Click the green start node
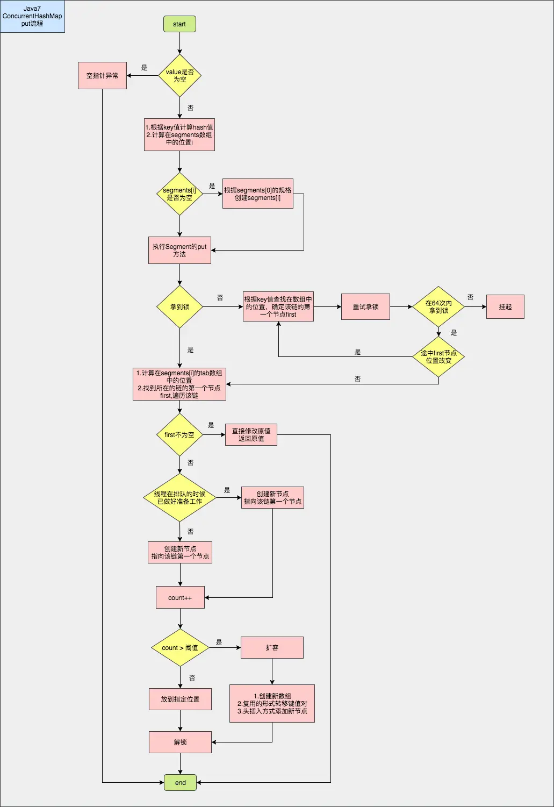[179, 24]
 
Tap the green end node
[181, 782]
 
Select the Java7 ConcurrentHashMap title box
[32, 16]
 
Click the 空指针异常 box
[102, 75]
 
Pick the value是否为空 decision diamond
[179, 76]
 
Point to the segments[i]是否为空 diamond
[179, 194]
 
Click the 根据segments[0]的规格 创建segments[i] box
[258, 194]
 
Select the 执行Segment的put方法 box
[179, 251]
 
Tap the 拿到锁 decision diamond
[179, 307]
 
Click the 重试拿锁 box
[365, 306]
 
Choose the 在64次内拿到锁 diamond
[438, 306]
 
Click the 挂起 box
[505, 306]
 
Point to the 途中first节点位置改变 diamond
[438, 356]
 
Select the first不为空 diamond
[179, 435]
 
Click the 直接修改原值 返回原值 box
[251, 435]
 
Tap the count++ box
[180, 598]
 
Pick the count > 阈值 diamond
[180, 648]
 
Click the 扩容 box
[272, 648]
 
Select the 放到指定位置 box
[180, 699]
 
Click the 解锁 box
[180, 742]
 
